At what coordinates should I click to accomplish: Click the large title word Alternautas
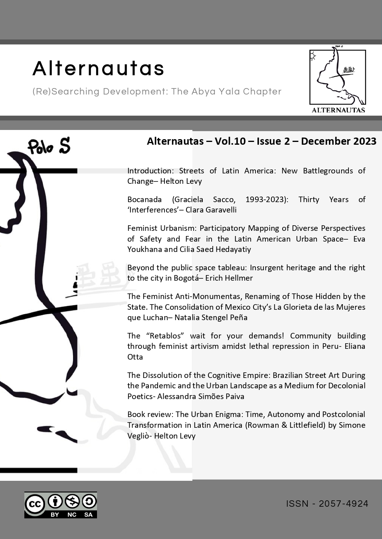[98, 68]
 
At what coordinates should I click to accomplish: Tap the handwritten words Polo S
[49, 146]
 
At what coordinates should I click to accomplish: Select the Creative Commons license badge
[61, 505]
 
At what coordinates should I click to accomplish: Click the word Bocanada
[144, 199]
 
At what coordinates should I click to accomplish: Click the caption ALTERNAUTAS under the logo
[338, 110]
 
